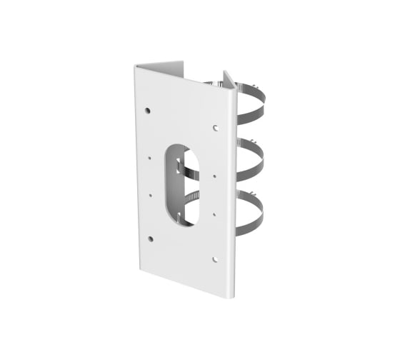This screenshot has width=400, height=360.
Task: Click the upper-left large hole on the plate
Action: coord(147,111)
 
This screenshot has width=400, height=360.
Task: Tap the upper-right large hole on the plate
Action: coord(216,129)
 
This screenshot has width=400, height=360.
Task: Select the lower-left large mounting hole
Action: coord(150,238)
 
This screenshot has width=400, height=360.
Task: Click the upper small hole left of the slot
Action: coord(151,159)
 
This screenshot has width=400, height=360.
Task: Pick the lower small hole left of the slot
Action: coord(151,193)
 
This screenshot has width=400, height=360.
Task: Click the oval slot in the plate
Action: coord(185,184)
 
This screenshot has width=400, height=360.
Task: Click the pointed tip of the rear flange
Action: coord(226,72)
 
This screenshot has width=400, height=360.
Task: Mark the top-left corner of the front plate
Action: coord(136,66)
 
